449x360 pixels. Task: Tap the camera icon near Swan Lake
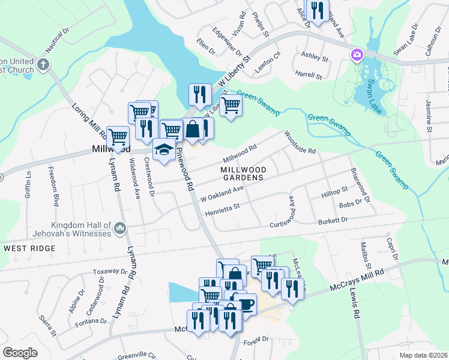(357, 55)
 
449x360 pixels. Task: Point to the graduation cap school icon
(162, 149)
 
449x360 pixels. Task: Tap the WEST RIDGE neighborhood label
(25, 247)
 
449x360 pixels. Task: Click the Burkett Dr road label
(333, 221)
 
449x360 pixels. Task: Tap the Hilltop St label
(334, 191)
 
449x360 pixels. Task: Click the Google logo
(20, 352)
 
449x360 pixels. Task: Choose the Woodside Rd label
(300, 143)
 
